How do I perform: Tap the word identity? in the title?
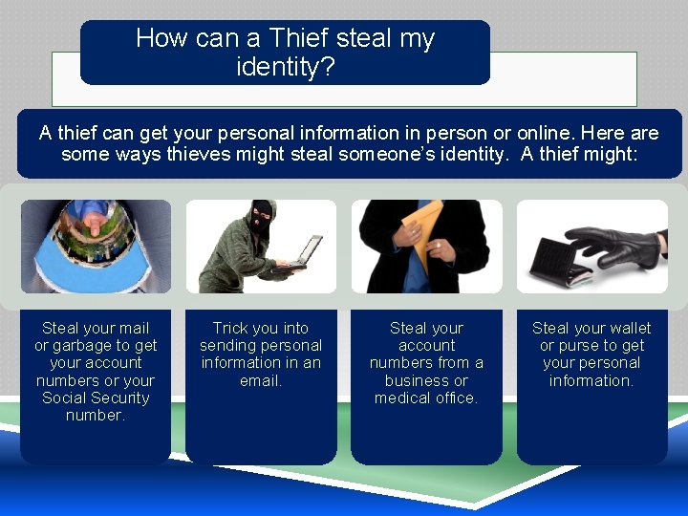pyautogui.click(x=285, y=67)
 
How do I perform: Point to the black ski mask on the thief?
pyautogui.click(x=260, y=215)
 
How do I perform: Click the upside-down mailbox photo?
pyautogui.click(x=96, y=246)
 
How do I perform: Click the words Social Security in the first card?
pyautogui.click(x=96, y=398)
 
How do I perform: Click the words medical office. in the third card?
pyautogui.click(x=426, y=398)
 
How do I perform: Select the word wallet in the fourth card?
pyautogui.click(x=629, y=328)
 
